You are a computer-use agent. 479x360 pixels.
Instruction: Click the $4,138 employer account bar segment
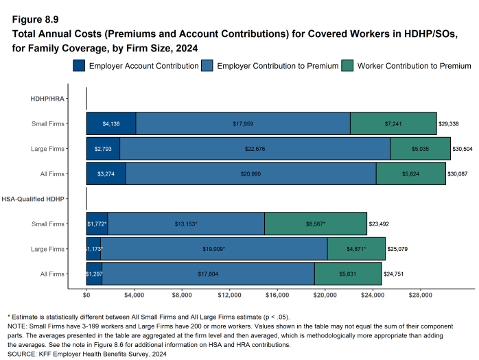click(x=111, y=123)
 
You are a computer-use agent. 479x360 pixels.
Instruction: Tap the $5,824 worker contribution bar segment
click(x=410, y=174)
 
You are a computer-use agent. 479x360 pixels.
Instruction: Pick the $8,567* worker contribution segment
click(x=315, y=224)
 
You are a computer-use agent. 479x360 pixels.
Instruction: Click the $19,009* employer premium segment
click(x=214, y=248)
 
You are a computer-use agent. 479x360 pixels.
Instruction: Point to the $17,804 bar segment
click(x=208, y=274)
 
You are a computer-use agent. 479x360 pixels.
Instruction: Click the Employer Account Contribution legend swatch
click(x=79, y=66)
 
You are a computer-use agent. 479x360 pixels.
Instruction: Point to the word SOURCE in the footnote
click(x=21, y=354)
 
